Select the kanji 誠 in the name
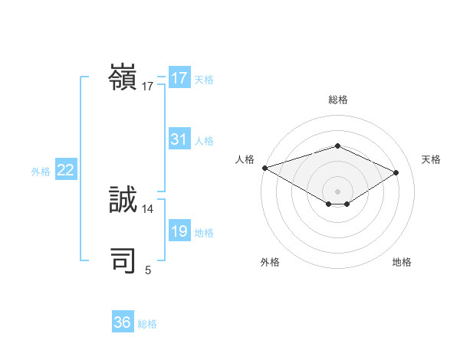click(x=123, y=200)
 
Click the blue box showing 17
click(x=179, y=78)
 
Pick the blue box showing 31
click(x=179, y=139)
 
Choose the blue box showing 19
click(x=179, y=231)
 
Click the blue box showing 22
click(x=65, y=170)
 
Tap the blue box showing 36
click(x=123, y=322)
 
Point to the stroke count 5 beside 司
click(x=148, y=270)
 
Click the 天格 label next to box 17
click(x=204, y=80)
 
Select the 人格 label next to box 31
click(x=204, y=141)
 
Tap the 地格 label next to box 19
click(x=204, y=233)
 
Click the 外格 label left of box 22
click(x=41, y=172)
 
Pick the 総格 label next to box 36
click(x=147, y=324)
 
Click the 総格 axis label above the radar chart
click(x=337, y=100)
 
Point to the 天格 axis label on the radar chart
click(x=432, y=159)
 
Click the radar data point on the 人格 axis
click(x=264, y=167)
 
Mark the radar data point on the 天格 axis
click(x=396, y=172)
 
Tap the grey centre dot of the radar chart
click(x=337, y=191)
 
